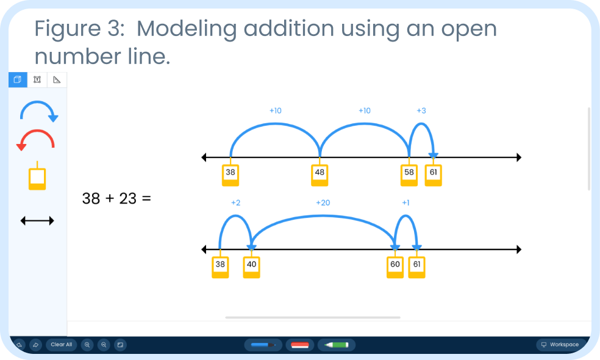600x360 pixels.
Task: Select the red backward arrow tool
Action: [36, 140]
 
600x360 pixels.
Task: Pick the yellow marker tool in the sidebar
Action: [37, 177]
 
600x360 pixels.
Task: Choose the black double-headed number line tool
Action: [37, 220]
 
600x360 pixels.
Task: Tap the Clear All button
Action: [61, 345]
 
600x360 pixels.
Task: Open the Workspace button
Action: [560, 345]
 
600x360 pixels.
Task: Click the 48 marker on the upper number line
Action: [320, 175]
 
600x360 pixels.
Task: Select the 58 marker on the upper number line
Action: [409, 175]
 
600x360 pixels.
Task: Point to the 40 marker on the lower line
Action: [251, 267]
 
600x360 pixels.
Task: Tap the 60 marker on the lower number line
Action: [395, 267]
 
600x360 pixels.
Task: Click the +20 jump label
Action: [323, 203]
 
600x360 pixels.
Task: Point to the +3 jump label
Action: [421, 110]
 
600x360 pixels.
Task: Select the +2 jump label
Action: [236, 203]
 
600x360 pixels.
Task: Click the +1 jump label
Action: [405, 203]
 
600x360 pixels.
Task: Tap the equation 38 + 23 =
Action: [116, 198]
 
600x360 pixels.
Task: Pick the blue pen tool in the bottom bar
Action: [263, 345]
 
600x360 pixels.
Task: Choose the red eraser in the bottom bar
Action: [299, 345]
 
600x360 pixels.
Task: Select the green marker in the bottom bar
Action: [336, 345]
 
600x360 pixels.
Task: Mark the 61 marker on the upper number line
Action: [433, 175]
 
